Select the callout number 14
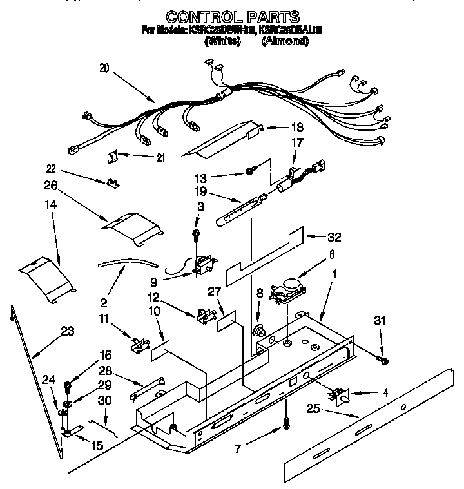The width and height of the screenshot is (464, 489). click(x=51, y=206)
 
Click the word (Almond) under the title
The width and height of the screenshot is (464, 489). click(x=285, y=43)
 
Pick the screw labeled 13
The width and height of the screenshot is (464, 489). click(x=250, y=171)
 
